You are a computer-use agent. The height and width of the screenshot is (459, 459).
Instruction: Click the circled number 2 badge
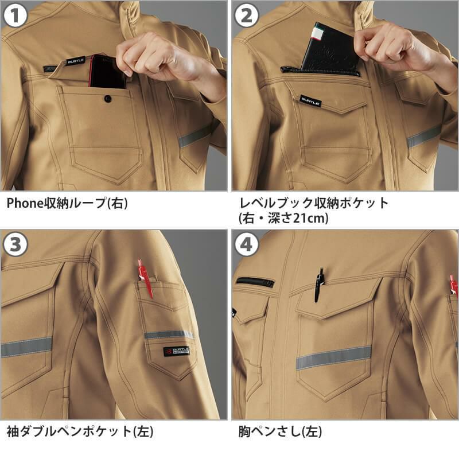pos(247,16)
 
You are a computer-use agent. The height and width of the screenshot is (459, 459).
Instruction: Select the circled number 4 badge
pos(247,245)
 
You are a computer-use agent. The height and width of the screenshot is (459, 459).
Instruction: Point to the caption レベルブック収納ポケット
pos(313,203)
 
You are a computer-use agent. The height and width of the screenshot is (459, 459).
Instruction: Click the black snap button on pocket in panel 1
pos(107,99)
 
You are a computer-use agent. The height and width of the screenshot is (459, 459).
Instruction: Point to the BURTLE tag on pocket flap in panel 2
pos(310,101)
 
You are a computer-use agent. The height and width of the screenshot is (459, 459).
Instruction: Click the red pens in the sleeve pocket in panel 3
pos(145,277)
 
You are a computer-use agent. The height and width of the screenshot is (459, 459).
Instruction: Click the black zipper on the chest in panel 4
pos(255,282)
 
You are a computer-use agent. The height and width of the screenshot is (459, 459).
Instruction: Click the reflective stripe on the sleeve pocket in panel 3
pos(169,334)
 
